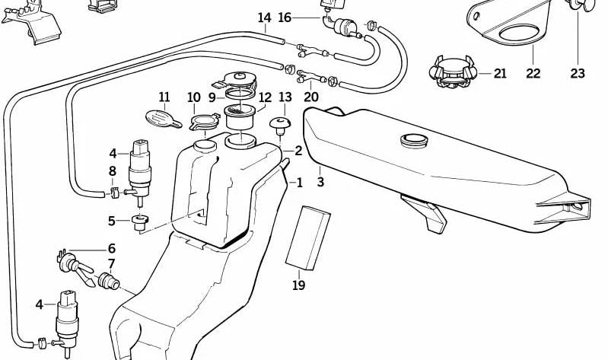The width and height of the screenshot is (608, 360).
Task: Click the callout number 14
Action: (264, 17)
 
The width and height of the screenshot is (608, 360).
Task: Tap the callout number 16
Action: (285, 17)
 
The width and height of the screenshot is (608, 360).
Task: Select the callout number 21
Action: (500, 73)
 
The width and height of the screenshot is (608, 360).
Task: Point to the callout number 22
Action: (533, 73)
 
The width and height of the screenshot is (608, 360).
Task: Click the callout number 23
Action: (578, 73)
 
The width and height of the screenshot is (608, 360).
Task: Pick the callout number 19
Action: (298, 285)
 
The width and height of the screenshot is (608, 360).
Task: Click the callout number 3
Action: (320, 183)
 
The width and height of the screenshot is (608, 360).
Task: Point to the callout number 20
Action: (311, 97)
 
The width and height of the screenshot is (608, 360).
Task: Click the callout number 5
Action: (112, 221)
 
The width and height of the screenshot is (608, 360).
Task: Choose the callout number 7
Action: (112, 264)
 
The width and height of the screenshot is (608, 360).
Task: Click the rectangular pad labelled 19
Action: (307, 237)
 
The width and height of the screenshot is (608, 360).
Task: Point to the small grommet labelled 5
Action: (139, 223)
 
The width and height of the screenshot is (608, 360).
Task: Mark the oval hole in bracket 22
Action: (519, 33)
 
